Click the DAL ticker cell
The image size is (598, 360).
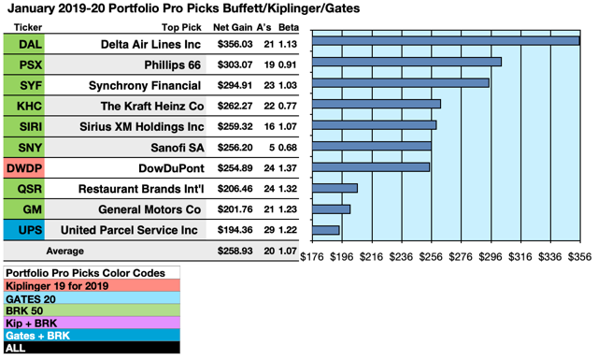(22, 44)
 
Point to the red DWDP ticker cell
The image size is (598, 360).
(22, 167)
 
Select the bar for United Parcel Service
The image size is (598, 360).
(325, 229)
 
